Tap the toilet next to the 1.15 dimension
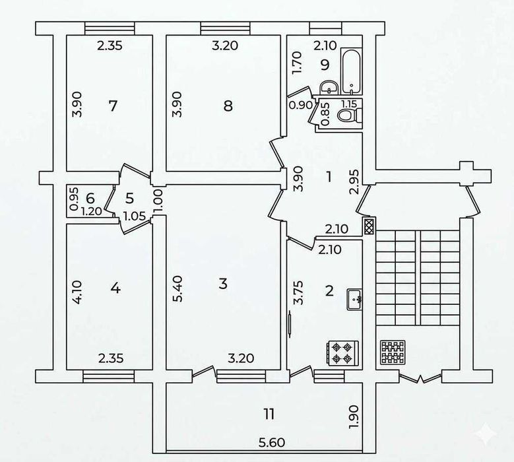tap(347, 115)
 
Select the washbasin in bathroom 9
tap(328, 87)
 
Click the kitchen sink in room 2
tap(357, 300)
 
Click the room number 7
tap(113, 105)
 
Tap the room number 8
tap(228, 106)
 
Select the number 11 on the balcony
tap(268, 414)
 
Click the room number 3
tap(222, 284)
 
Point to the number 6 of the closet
tap(90, 197)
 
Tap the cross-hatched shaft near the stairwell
tap(368, 226)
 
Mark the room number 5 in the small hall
tap(129, 197)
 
